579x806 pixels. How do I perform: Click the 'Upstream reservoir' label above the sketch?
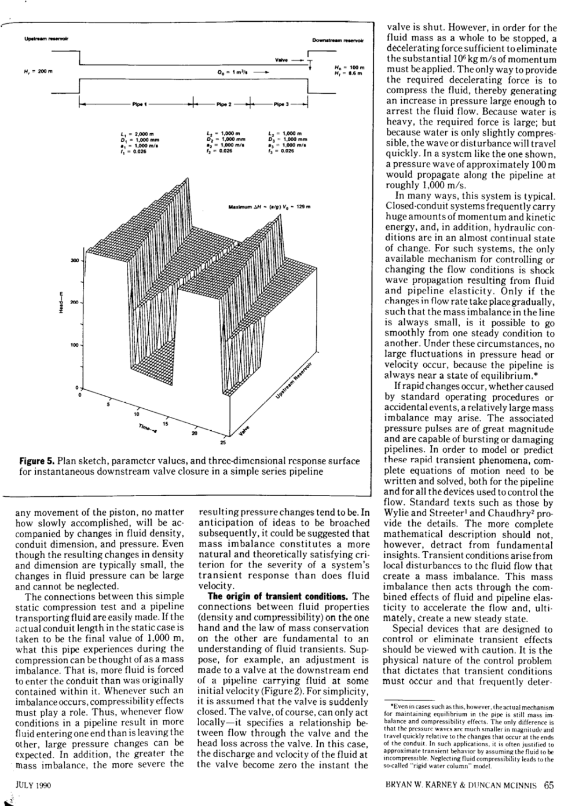[46, 38]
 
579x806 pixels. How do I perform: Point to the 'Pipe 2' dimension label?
[223, 105]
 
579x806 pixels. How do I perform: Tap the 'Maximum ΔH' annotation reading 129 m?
[269, 207]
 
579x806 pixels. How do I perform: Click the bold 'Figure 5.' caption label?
[37, 461]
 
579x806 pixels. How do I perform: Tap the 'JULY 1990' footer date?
[28, 786]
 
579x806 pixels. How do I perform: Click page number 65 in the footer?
[548, 786]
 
